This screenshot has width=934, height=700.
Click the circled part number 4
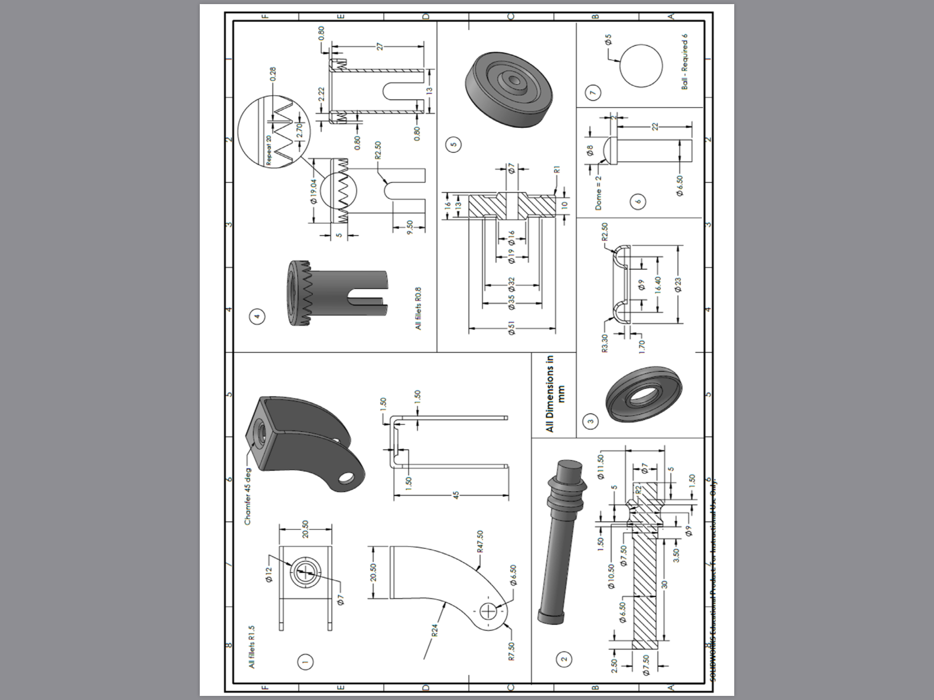click(258, 316)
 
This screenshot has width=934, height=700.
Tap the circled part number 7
click(592, 93)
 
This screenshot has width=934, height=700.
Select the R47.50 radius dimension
click(479, 541)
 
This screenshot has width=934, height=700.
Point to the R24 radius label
click(435, 630)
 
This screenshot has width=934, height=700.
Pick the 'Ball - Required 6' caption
click(684, 62)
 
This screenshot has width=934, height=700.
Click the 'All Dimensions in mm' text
click(555, 394)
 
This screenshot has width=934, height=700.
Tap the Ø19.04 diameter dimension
click(313, 191)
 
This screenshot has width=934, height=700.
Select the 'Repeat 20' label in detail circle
click(269, 150)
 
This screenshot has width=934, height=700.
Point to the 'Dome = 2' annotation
click(598, 193)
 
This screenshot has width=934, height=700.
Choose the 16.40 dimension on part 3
click(657, 285)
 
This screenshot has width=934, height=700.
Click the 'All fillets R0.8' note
click(418, 308)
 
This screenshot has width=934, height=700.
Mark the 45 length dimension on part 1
click(456, 495)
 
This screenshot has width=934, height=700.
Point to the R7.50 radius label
click(511, 651)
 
